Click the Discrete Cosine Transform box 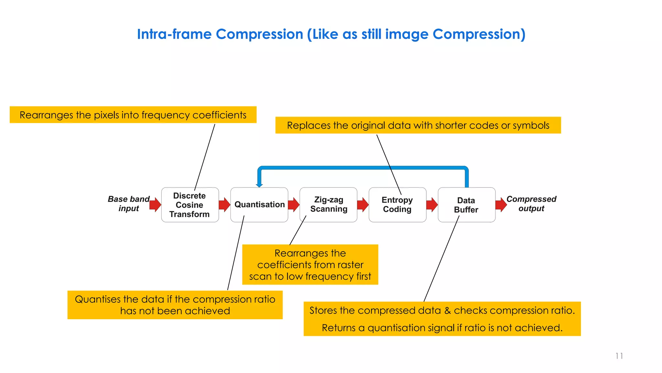[x=190, y=205]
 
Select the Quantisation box [x=259, y=205]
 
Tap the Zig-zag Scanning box [x=328, y=205]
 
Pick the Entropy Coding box [x=397, y=205]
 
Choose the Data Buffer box [x=466, y=205]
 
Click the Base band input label [x=129, y=204]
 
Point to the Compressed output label [x=531, y=204]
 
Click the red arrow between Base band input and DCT [x=155, y=204]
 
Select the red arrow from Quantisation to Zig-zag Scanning [x=294, y=205]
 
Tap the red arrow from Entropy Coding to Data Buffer [x=432, y=205]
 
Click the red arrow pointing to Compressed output [x=501, y=205]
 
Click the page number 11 [x=619, y=356]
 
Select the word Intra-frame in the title [x=174, y=34]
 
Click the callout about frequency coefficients [x=133, y=115]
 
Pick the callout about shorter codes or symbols [x=418, y=125]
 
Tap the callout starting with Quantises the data [x=175, y=305]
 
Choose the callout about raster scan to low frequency [x=310, y=265]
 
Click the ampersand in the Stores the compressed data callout [x=447, y=311]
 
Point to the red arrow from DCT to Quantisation [x=224, y=205]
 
